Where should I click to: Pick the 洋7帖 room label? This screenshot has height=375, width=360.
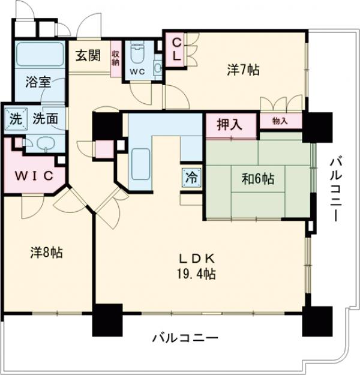click(x=243, y=70)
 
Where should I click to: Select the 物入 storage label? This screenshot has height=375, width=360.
click(x=280, y=121)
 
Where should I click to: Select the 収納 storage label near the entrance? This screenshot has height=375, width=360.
click(x=116, y=58)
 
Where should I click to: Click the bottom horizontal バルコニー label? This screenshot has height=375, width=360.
click(x=184, y=338)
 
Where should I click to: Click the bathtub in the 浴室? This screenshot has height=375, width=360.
click(x=40, y=55)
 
